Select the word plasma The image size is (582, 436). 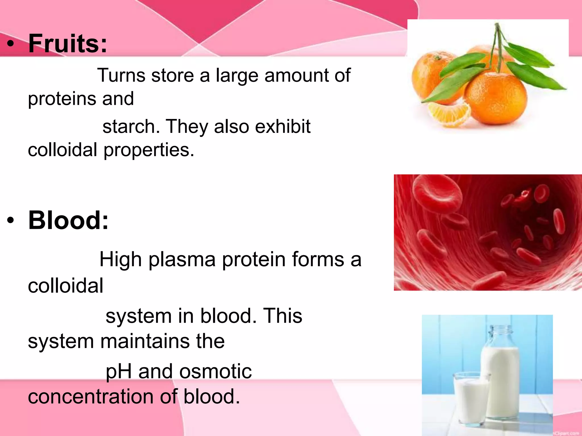[x=182, y=260]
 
